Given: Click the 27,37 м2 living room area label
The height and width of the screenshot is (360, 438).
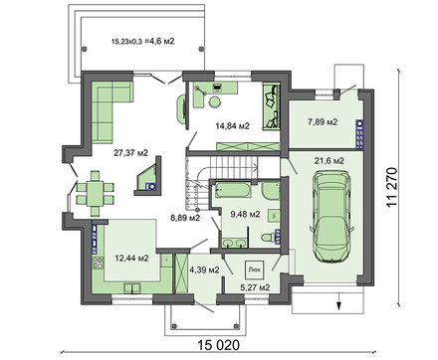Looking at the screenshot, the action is [x=130, y=153].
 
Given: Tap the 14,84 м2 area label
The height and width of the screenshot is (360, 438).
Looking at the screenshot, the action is [x=232, y=125].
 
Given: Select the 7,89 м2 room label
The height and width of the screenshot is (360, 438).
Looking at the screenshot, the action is [x=323, y=122].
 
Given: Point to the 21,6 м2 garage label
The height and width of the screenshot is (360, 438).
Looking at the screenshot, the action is [x=329, y=161].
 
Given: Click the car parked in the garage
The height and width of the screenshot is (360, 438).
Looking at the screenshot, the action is [x=331, y=217].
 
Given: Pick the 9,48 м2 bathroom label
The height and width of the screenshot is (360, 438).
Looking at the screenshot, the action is [x=246, y=215].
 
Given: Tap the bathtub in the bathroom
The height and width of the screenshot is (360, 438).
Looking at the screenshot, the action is [x=232, y=190].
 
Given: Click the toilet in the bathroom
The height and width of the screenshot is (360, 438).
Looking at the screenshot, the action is [x=268, y=238].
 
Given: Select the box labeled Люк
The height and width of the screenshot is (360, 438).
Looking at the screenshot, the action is [x=255, y=270].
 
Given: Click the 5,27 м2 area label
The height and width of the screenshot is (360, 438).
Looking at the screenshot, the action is [x=255, y=287].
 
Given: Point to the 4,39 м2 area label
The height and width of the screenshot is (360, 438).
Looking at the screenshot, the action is [x=204, y=270].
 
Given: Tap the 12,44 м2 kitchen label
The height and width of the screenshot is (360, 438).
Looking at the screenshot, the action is [x=131, y=258].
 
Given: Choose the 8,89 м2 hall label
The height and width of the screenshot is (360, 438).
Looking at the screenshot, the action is [x=185, y=218].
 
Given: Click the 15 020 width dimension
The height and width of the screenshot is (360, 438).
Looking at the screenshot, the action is [x=218, y=345].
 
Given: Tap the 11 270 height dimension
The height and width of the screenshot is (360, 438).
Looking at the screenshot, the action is [x=392, y=188].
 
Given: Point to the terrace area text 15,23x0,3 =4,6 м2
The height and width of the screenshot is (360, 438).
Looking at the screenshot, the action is [x=143, y=42].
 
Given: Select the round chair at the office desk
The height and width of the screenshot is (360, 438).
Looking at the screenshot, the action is [x=215, y=102].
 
